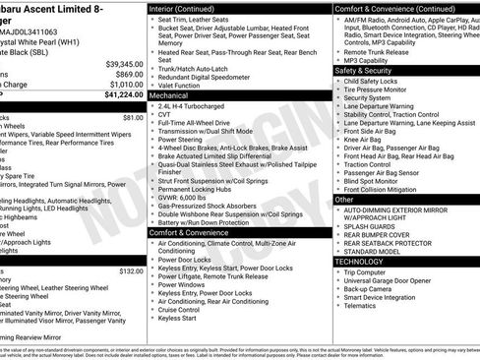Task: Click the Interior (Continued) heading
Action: coord(183,7)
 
